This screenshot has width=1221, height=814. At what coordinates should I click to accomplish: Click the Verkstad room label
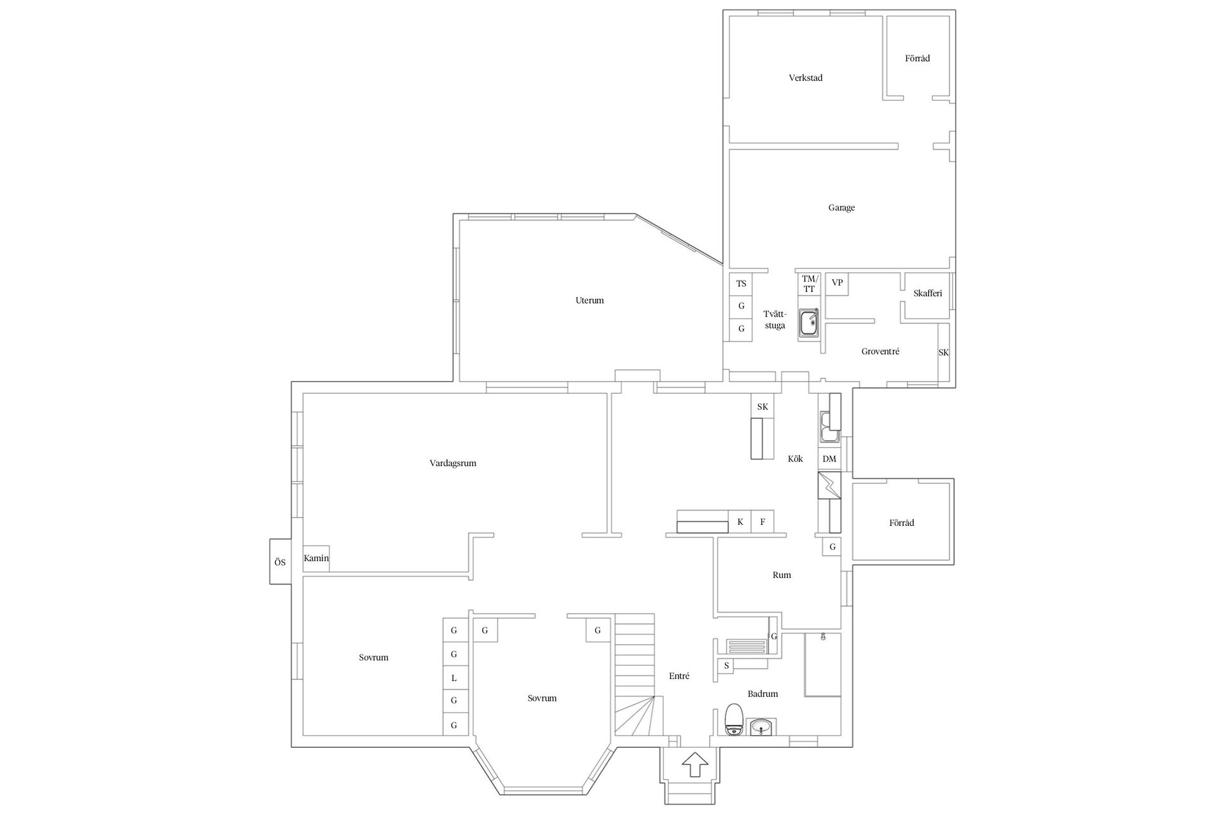pyautogui.click(x=805, y=78)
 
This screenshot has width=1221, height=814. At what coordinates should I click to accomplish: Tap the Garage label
pyautogui.click(x=841, y=208)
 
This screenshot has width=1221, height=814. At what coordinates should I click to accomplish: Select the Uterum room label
pyautogui.click(x=590, y=301)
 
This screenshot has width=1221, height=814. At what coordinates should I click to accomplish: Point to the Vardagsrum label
pyautogui.click(x=453, y=464)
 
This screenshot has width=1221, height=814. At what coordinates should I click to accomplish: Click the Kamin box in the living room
pyautogui.click(x=316, y=558)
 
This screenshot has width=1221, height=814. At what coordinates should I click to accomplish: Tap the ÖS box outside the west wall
pyautogui.click(x=280, y=562)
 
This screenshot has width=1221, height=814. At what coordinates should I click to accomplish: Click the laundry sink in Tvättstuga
pyautogui.click(x=809, y=323)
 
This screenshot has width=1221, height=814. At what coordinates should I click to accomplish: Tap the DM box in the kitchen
pyautogui.click(x=829, y=459)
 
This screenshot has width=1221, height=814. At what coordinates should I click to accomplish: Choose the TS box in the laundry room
pyautogui.click(x=741, y=284)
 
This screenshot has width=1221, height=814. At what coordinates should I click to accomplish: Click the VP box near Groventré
pyautogui.click(x=837, y=283)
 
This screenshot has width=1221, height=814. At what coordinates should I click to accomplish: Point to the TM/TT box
pyautogui.click(x=808, y=284)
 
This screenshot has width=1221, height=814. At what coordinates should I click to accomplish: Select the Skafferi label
pyautogui.click(x=927, y=294)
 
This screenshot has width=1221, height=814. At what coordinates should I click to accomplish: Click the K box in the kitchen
pyautogui.click(x=740, y=522)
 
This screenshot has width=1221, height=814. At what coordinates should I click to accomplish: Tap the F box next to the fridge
pyautogui.click(x=762, y=522)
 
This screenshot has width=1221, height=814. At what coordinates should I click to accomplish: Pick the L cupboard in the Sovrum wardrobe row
pyautogui.click(x=454, y=679)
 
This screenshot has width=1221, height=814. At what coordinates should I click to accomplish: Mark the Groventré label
pyautogui.click(x=880, y=352)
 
